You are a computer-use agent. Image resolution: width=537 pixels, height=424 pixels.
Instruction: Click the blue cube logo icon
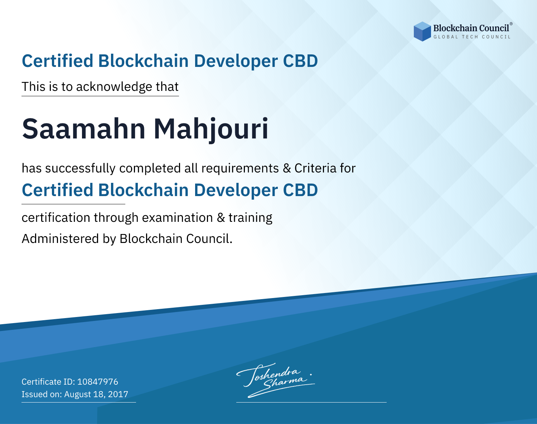point(422,31)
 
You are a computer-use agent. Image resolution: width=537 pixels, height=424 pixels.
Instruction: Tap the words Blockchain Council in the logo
point(471,28)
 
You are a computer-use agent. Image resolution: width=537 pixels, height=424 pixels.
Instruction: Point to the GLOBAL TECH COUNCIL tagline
point(472,37)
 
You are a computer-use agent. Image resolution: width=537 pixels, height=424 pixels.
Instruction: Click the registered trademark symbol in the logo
point(511,24)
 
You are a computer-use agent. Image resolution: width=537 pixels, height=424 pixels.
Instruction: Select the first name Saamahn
point(84,129)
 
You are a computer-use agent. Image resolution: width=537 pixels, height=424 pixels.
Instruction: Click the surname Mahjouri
point(211,130)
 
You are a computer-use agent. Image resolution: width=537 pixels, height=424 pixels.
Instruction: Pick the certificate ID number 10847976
point(98,381)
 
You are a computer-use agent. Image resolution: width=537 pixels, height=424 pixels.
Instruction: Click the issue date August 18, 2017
point(96,394)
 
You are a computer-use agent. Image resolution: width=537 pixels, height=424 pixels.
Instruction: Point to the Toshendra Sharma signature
point(275,380)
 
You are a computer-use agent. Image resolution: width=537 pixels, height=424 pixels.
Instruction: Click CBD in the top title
point(300,61)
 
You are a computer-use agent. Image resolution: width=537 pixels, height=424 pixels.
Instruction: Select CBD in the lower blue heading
point(300,190)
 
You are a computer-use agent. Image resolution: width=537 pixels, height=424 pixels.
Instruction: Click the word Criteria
point(315,168)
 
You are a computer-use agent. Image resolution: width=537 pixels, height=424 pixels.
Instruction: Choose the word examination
point(177,218)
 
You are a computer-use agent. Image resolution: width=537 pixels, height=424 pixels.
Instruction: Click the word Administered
point(60,239)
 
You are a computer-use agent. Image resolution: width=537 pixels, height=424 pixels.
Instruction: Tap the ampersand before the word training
point(221,218)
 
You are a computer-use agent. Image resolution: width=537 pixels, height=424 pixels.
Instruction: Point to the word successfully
point(80,169)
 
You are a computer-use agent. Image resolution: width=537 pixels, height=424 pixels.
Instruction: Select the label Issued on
point(42,394)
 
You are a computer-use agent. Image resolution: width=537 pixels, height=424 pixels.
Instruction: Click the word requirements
point(240,169)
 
